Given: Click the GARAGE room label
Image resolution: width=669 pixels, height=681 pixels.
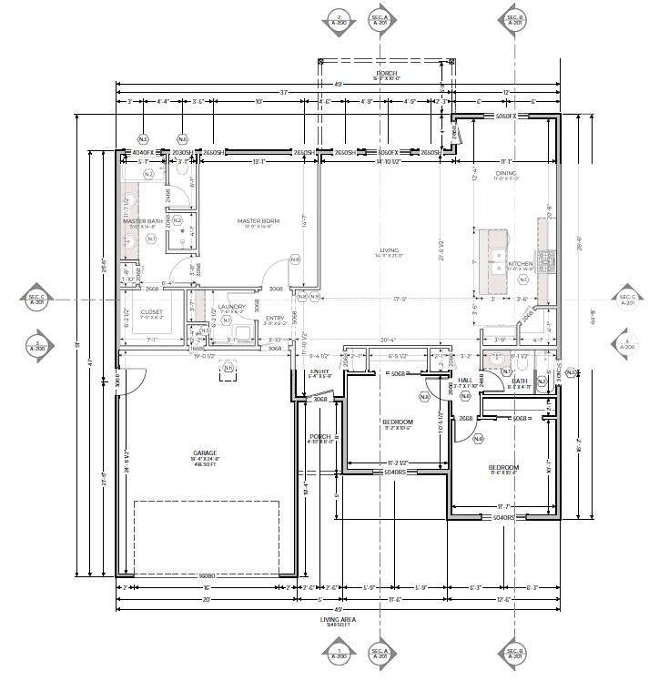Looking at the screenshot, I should click(x=204, y=452).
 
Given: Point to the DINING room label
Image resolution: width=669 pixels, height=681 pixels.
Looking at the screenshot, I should click(x=506, y=173).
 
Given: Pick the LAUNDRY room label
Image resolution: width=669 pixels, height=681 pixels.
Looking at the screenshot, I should click(x=231, y=307).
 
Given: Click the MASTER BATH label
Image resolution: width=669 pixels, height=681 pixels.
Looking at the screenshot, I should click(x=143, y=221).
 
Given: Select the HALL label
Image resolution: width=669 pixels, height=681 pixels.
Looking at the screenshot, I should click(x=465, y=380).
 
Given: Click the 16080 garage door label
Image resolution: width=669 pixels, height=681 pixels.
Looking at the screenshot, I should click(x=207, y=575).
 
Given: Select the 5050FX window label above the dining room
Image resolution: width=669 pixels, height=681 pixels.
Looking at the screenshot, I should click(x=505, y=117).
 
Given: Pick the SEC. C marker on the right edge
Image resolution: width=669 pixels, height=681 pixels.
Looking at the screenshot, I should click(x=628, y=300).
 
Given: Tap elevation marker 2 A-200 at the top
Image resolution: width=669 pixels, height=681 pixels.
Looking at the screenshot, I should click(x=339, y=20).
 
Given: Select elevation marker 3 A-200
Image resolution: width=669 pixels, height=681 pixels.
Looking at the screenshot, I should click(x=36, y=344).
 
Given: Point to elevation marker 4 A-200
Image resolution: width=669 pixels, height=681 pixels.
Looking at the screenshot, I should click(x=628, y=344).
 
